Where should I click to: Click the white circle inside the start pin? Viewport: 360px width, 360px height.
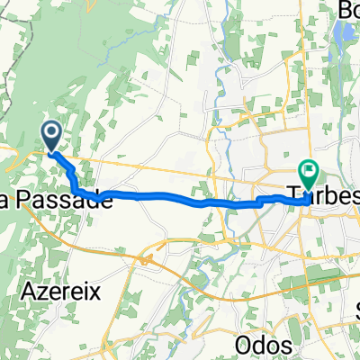[x=51, y=133]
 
